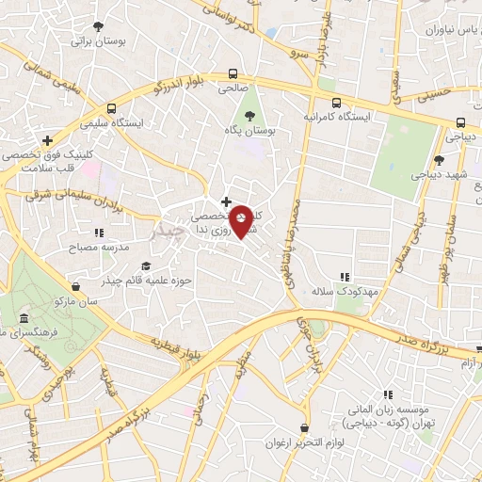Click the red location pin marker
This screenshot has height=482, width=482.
click(242, 221)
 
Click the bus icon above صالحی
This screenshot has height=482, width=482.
click(232, 74)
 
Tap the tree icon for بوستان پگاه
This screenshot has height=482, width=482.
click(249, 116)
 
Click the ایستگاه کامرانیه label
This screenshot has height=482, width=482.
click(338, 118)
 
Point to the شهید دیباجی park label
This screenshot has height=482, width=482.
click(438, 174)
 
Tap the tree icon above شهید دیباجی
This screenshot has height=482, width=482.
click(439, 160)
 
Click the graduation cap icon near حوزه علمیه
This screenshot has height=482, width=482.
click(145, 265)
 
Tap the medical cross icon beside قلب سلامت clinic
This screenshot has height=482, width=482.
click(35, 140)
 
